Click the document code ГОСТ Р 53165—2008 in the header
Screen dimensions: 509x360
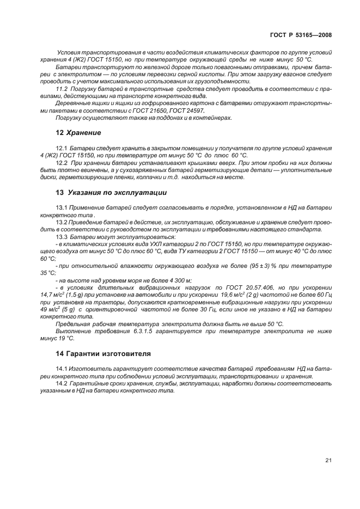point(301,34)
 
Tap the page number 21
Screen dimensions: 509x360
point(328,460)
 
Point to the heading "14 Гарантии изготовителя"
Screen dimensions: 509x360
point(103,353)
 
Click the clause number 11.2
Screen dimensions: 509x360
point(62,89)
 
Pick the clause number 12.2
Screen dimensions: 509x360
point(62,163)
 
